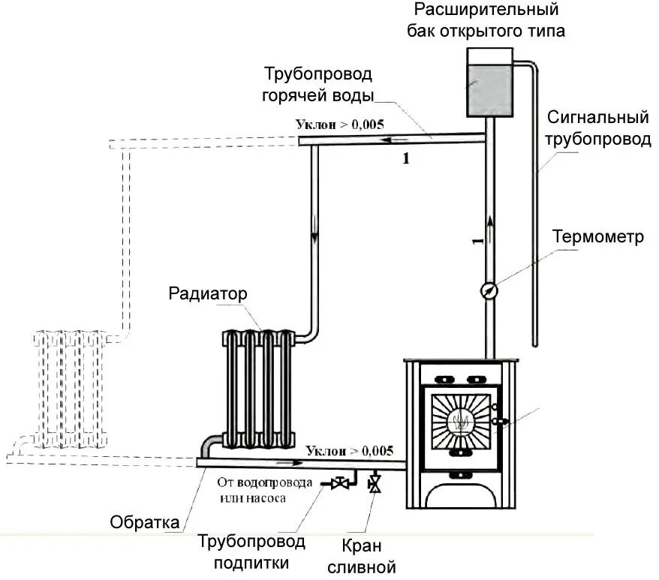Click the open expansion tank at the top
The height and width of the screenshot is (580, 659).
tap(489, 82)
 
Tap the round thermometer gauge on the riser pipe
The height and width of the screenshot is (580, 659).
tap(489, 289)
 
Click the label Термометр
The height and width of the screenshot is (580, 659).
tap(598, 237)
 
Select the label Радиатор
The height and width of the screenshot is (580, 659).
tap(208, 293)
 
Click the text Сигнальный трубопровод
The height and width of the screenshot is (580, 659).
tap(597, 128)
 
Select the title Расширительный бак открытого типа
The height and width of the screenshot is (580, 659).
tap(486, 21)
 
